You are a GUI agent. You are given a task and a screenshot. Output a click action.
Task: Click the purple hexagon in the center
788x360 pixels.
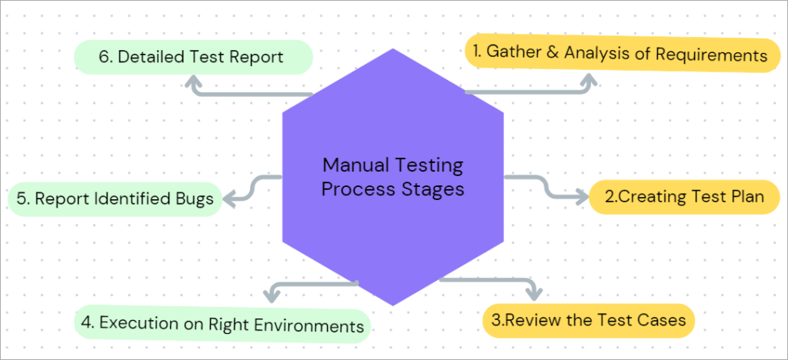(x=392, y=223)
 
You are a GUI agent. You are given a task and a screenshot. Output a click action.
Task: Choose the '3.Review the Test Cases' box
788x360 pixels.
(x=588, y=320)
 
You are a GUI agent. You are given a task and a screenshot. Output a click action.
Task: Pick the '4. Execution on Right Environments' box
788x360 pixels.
(x=222, y=324)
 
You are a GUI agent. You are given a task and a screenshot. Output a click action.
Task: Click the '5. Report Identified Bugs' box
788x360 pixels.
(x=114, y=199)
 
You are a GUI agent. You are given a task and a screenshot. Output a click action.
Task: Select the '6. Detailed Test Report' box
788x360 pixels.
(x=192, y=57)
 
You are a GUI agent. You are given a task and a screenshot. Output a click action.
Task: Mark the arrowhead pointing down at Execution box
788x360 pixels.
(x=271, y=295)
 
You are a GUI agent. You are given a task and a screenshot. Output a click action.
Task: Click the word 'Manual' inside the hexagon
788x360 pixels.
(x=351, y=165)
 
